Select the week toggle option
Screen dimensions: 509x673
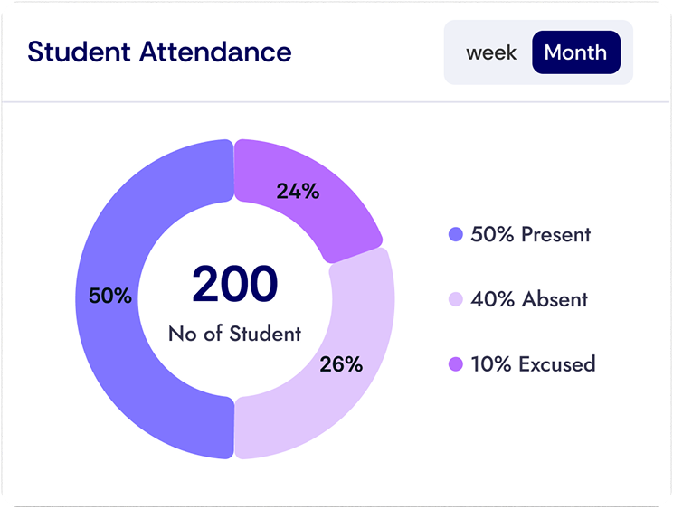(491, 52)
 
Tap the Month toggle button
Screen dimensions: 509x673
(575, 52)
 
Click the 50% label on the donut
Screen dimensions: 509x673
(110, 296)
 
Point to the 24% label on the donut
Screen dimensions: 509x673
(298, 192)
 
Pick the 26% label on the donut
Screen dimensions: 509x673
(341, 364)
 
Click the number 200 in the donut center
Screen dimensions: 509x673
(234, 284)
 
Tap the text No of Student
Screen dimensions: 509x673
(234, 334)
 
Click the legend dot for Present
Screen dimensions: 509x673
(456, 235)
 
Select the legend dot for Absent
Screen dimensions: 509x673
(456, 299)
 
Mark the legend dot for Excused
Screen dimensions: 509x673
(456, 364)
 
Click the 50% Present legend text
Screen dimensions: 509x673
(530, 235)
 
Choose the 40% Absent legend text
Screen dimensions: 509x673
(529, 299)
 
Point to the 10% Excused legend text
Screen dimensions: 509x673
(533, 364)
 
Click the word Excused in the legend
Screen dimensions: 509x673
(556, 364)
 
